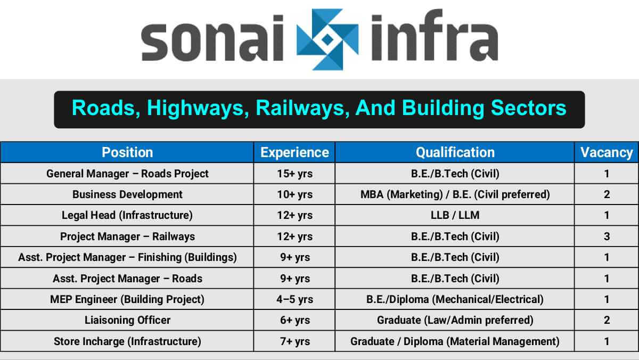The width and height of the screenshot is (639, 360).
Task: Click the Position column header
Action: pos(127,152)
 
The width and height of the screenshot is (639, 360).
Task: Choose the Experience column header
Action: pos(294,152)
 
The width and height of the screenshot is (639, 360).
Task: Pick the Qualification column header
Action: pos(455,152)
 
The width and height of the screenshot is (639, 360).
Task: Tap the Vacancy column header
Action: pos(607,152)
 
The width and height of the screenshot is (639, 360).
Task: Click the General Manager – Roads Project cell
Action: pos(127,174)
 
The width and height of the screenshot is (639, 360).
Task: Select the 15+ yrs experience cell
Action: pos(294,174)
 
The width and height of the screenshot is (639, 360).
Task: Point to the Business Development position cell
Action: pos(127,194)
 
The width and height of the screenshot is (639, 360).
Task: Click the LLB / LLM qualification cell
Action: pos(455,215)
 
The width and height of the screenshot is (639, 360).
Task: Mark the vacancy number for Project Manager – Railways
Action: pos(607,236)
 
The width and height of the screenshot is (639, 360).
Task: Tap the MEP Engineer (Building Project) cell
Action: pos(127,299)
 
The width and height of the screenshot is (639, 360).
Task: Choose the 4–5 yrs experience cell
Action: pos(294,299)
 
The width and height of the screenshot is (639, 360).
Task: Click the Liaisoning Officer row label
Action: pos(127,320)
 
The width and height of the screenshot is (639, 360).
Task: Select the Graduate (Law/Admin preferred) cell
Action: pos(455,320)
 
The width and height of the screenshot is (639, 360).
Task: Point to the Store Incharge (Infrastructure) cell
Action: pos(127,341)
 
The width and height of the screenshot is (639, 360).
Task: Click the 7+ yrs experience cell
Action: pos(294,341)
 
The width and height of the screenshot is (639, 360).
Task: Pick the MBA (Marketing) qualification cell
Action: pos(455,194)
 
